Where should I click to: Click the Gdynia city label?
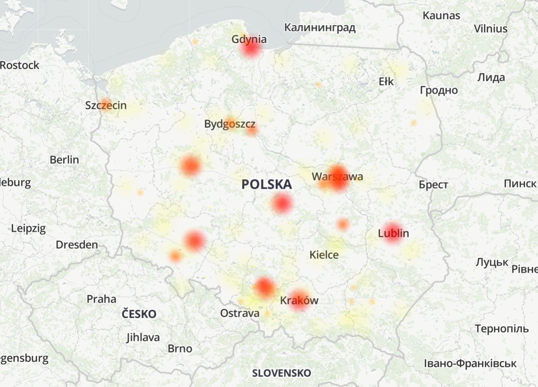pyautogui.click(x=249, y=39)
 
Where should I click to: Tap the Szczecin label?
pyautogui.click(x=106, y=105)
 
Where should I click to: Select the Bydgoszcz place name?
pyautogui.click(x=230, y=124)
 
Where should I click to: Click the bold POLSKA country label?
pyautogui.click(x=267, y=184)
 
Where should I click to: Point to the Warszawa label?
pyautogui.click(x=337, y=177)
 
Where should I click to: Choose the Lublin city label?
pyautogui.click(x=394, y=233)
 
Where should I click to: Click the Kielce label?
pyautogui.click(x=324, y=255)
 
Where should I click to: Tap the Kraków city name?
pyautogui.click(x=299, y=301)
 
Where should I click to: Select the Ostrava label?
pyautogui.click(x=240, y=314)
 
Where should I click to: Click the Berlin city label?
pyautogui.click(x=64, y=160)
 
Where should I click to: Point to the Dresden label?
pyautogui.click(x=77, y=245)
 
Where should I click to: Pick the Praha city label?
pyautogui.click(x=101, y=299)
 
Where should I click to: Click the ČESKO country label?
pyautogui.click(x=139, y=314)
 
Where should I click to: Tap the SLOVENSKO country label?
pyautogui.click(x=282, y=373)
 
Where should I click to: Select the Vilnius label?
pyautogui.click(x=491, y=29)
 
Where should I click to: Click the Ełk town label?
pyautogui.click(x=386, y=81)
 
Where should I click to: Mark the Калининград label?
pyautogui.click(x=320, y=28)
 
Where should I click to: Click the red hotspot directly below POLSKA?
pyautogui.click(x=282, y=204)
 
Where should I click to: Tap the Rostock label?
pyautogui.click(x=20, y=65)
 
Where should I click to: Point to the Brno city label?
pyautogui.click(x=180, y=348)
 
